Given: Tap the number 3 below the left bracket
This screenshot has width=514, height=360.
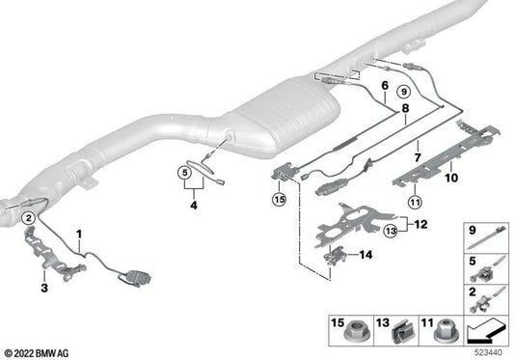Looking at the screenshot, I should pos(42,287).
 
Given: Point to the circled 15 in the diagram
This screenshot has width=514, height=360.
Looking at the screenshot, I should pos(280,199).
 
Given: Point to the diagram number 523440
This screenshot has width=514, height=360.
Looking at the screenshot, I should pos(488,354).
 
